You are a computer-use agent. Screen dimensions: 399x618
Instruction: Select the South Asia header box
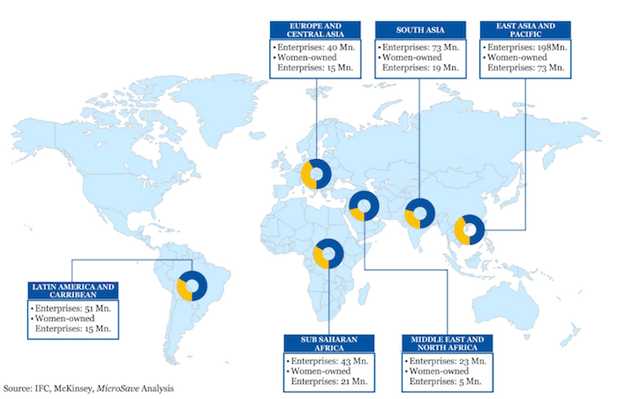[418, 26]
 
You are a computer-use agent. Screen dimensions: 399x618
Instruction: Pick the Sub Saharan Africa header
[328, 344]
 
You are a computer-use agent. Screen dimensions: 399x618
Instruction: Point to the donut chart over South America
[192, 285]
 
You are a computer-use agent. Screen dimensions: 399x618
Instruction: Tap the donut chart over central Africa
[328, 253]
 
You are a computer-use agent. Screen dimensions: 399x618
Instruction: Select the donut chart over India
[418, 214]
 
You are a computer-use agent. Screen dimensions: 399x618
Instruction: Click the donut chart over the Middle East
[364, 205]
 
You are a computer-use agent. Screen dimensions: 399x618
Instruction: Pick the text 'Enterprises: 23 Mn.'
[446, 361]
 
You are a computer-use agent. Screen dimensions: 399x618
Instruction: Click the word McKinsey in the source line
[86, 388]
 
